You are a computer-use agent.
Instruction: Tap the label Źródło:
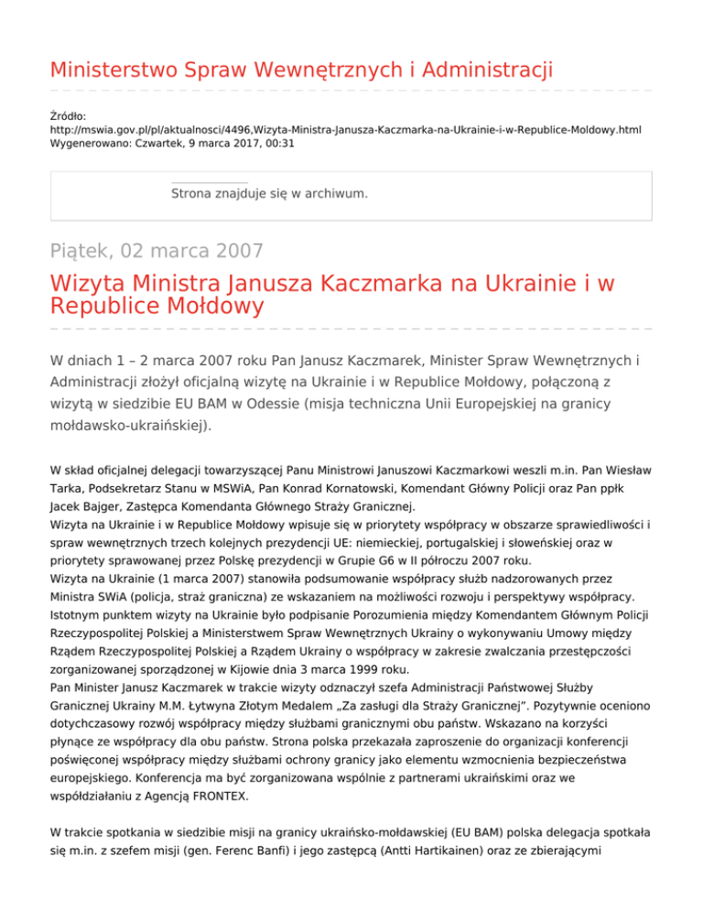(x=69, y=116)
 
